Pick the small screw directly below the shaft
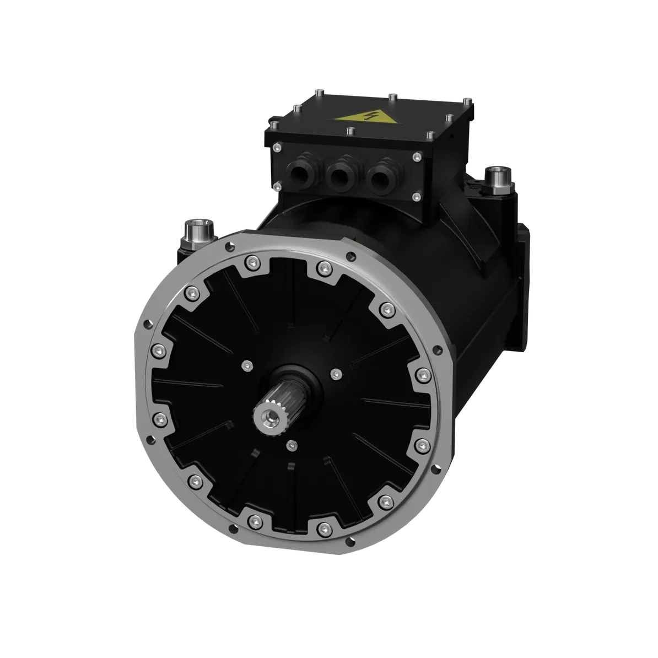pos(292,445)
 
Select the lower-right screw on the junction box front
pos(416,197)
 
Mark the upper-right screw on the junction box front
pos(416,158)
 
